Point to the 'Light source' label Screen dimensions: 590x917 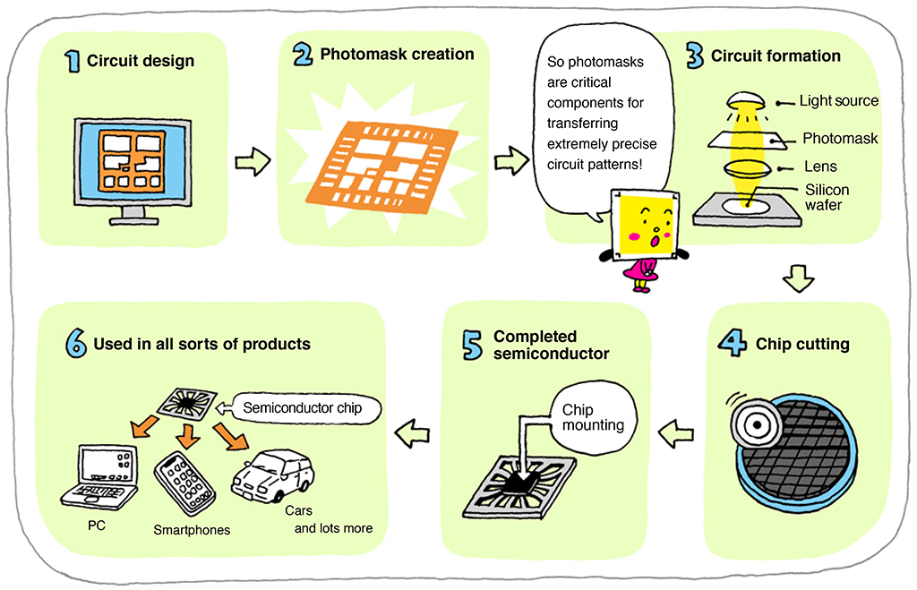[x=838, y=101]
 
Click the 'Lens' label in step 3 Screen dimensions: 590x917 [x=820, y=167]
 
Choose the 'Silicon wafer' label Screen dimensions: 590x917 [x=827, y=198]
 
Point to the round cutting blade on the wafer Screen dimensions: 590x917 [x=749, y=420]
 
